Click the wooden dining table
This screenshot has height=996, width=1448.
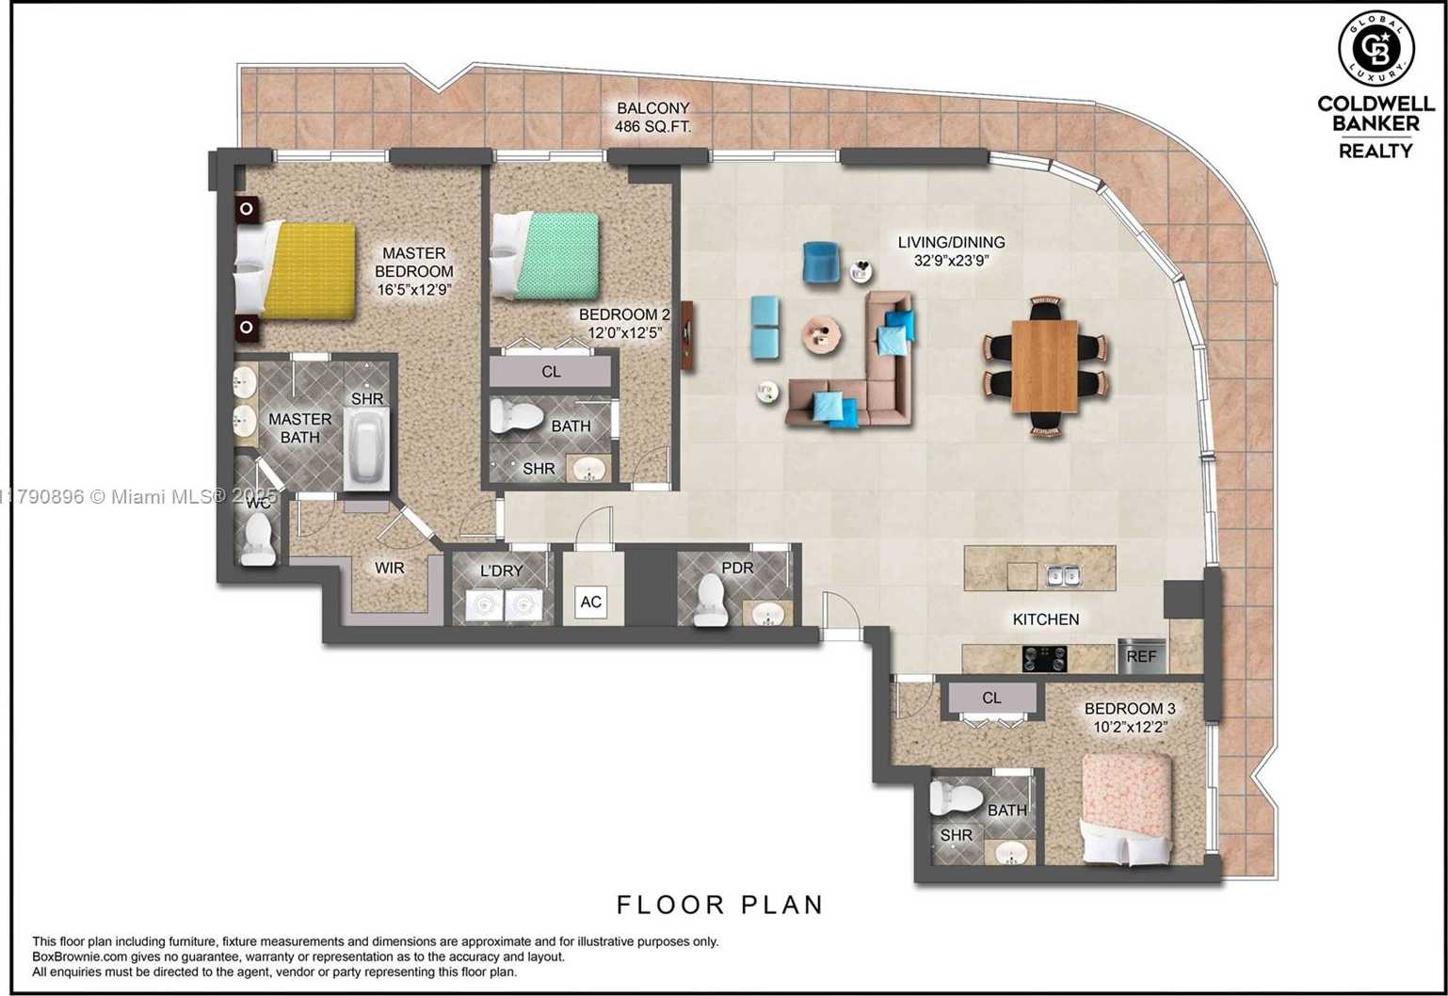point(1044,365)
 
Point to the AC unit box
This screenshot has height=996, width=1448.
point(590,602)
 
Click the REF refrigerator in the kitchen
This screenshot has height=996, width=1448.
point(1141,656)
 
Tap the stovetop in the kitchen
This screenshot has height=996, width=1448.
point(1045,657)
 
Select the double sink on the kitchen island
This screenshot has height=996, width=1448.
point(1061,574)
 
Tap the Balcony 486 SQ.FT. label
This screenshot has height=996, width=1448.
point(653,117)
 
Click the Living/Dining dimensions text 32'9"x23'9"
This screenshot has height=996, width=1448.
point(950,261)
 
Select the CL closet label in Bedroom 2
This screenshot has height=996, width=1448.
point(551,372)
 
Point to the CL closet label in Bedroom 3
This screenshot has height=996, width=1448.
point(991,698)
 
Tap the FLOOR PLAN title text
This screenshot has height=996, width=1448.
point(720,905)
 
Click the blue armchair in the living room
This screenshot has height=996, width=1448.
point(821,262)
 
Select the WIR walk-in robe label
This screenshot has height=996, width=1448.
point(389,568)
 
